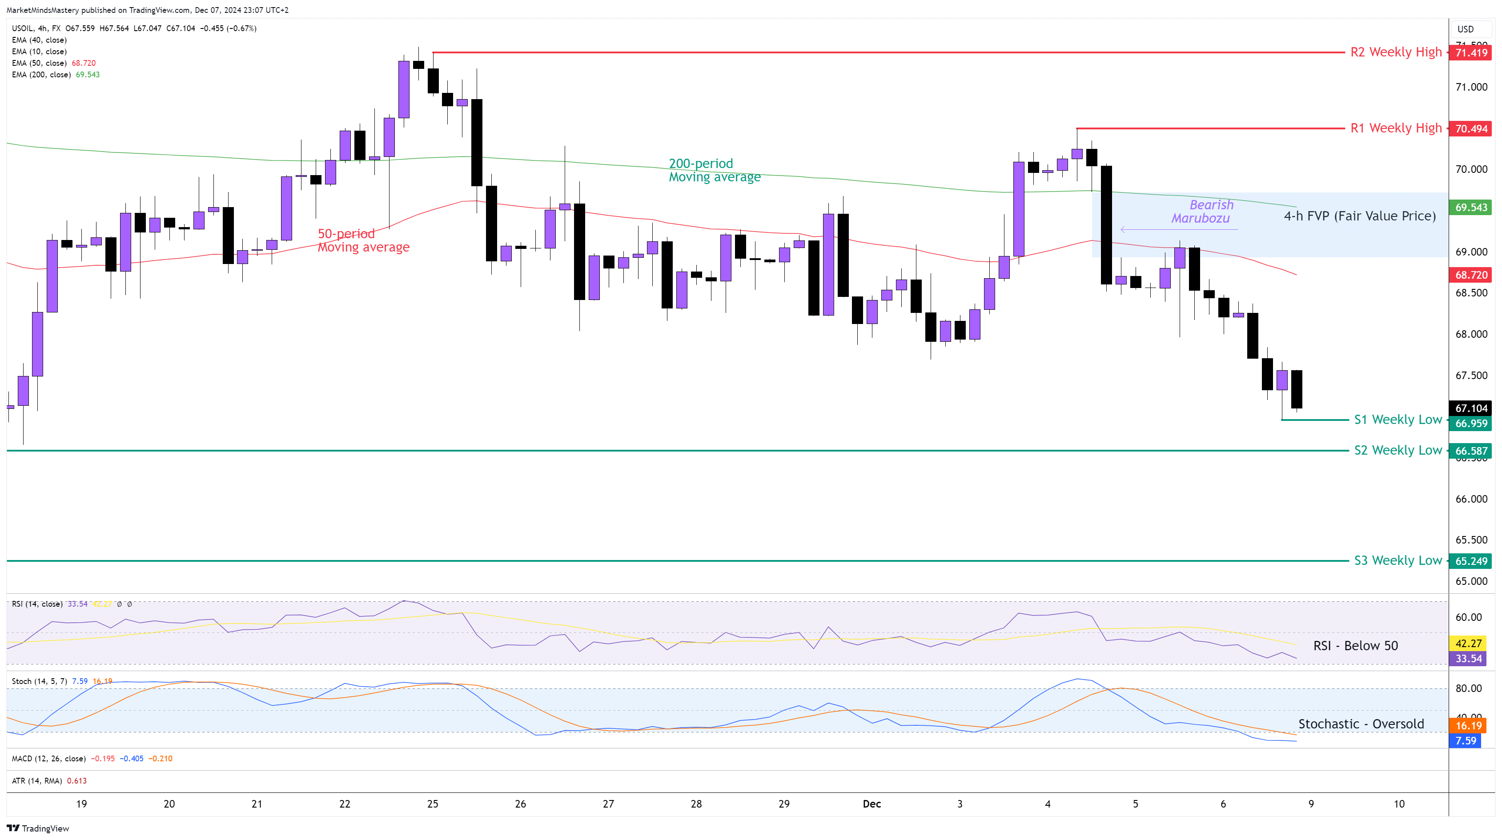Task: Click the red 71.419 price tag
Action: click(x=1470, y=53)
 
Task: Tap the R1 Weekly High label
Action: click(x=1395, y=128)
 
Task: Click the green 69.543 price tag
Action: click(x=1470, y=208)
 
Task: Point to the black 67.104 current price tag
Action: click(x=1470, y=408)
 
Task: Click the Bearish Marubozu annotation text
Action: click(x=1202, y=212)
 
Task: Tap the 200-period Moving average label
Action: click(x=714, y=170)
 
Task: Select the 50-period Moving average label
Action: click(x=363, y=240)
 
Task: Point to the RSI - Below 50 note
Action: click(x=1355, y=646)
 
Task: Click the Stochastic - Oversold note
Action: click(x=1360, y=724)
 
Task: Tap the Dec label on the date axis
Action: click(x=871, y=804)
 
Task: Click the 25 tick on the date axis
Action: click(x=433, y=804)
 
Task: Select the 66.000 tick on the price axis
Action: click(x=1470, y=499)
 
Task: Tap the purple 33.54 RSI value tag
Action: click(x=1468, y=659)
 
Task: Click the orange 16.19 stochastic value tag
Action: click(x=1468, y=726)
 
